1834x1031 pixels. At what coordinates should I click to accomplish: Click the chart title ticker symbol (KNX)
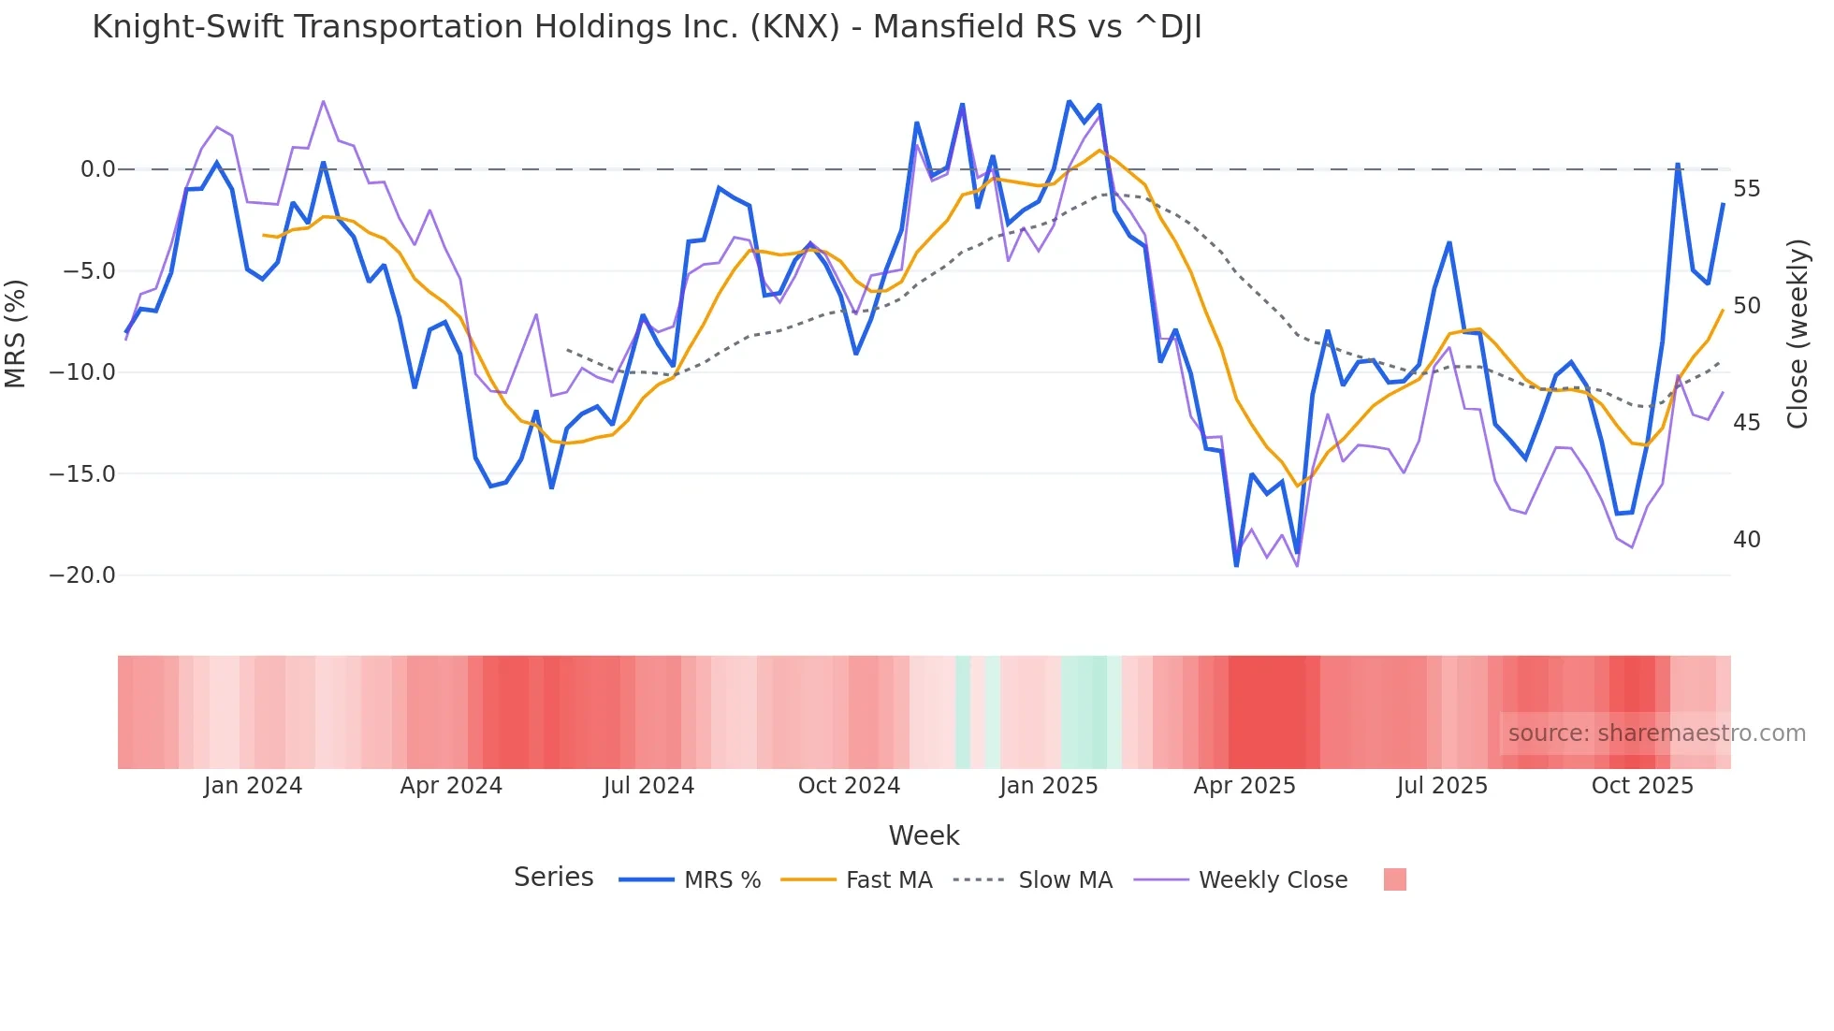pos(794,27)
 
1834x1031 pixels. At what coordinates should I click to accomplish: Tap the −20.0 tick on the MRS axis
pos(82,575)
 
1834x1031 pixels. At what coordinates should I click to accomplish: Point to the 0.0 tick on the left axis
pos(97,169)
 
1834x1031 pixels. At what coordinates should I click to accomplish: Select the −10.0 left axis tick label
pos(82,372)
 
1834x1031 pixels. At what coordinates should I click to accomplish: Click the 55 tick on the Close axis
pos(1746,189)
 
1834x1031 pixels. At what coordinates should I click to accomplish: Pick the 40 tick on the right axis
pos(1746,540)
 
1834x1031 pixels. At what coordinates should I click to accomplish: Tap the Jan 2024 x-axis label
pos(253,786)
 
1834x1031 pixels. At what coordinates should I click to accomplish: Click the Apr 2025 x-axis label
pos(1244,786)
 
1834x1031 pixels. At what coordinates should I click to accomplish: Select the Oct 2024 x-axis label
pos(849,786)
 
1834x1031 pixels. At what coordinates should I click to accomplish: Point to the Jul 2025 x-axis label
pos(1442,786)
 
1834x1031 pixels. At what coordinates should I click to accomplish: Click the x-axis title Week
pos(924,835)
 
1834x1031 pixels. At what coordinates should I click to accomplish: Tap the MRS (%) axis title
pos(16,333)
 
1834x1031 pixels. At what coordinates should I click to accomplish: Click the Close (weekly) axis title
pos(1798,334)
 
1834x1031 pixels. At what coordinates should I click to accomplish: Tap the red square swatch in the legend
pos(1394,879)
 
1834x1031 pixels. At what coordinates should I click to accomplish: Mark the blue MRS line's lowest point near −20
pos(1236,565)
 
